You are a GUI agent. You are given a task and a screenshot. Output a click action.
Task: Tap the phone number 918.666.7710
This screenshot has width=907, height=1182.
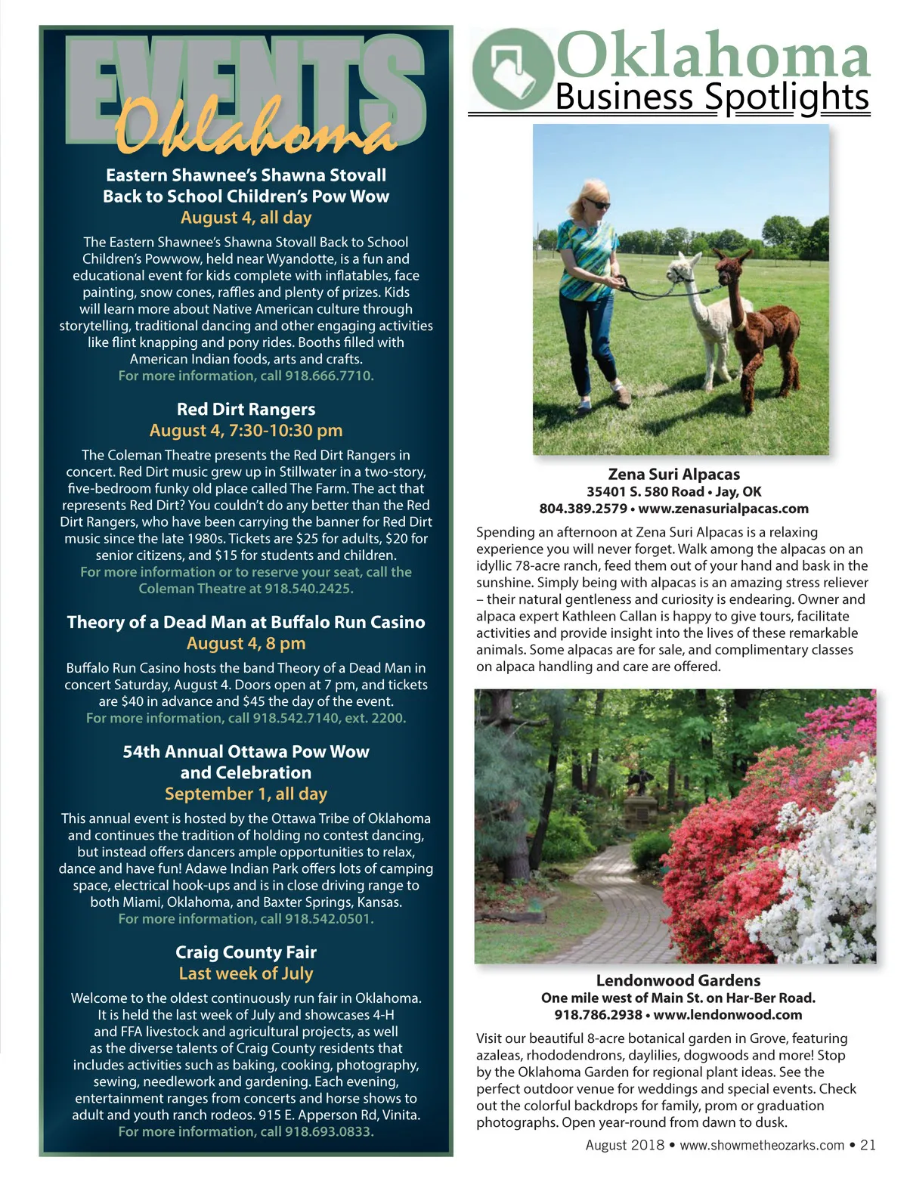329,376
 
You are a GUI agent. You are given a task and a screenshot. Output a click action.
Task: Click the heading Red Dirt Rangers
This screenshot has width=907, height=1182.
246,409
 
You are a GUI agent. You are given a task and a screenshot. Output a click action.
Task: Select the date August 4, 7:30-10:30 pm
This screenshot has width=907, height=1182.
246,430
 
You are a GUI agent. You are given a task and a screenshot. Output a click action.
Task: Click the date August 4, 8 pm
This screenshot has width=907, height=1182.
246,643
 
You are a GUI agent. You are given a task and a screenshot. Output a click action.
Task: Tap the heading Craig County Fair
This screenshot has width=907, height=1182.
246,952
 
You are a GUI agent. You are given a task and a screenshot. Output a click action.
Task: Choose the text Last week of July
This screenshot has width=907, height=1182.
246,973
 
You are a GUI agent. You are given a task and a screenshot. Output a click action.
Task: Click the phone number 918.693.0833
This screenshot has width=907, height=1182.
329,1131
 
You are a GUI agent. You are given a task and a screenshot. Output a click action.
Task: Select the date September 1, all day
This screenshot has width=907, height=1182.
246,794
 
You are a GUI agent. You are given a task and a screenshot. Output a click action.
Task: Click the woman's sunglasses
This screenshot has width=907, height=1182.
597,204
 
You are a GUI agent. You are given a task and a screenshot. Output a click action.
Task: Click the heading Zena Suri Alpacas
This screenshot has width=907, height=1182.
673,474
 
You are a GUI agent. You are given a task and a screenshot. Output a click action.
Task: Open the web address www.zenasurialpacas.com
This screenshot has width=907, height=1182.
723,509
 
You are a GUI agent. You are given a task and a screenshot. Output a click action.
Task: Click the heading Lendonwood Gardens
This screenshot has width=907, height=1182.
678,980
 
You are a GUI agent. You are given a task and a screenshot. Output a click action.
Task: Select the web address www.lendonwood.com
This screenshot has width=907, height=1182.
728,1015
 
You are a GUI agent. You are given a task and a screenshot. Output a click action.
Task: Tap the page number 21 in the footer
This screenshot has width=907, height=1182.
868,1145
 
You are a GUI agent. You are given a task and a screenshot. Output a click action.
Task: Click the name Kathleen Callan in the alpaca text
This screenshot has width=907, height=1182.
602,616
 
